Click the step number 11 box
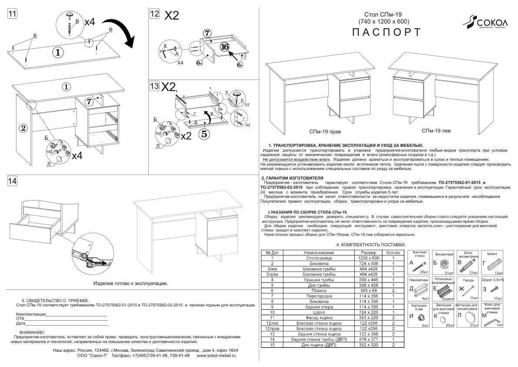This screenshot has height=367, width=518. (x=13, y=13)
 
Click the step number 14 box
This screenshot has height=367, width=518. (x=13, y=180)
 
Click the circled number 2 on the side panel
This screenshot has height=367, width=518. (x=23, y=128)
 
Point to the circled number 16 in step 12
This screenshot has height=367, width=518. (x=224, y=46)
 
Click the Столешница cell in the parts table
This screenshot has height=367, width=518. (x=321, y=258)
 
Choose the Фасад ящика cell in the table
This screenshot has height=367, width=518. (x=321, y=319)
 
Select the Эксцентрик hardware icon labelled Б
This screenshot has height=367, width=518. (x=444, y=264)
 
